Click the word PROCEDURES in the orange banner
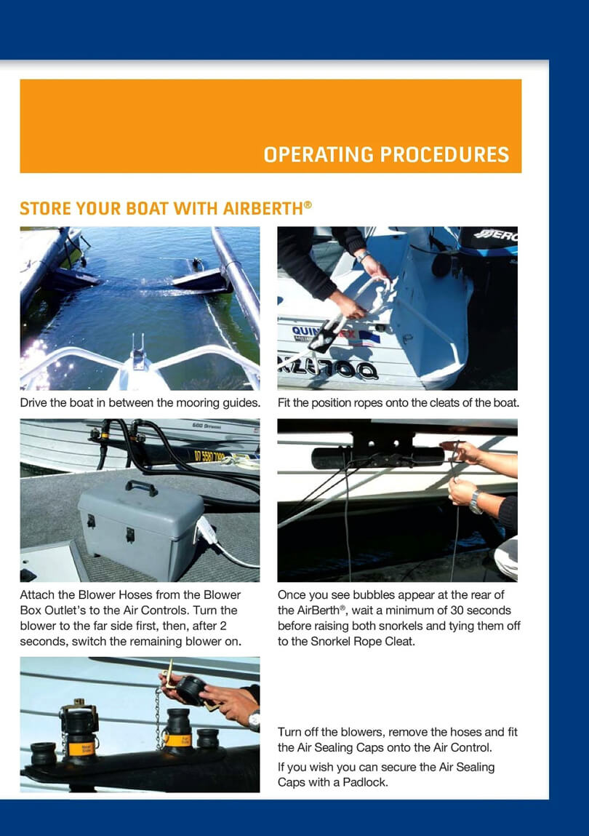click(444, 155)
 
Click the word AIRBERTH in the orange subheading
click(263, 208)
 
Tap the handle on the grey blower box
click(141, 487)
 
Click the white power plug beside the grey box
click(207, 530)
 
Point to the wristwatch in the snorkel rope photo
click(476, 502)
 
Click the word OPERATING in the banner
click(318, 155)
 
